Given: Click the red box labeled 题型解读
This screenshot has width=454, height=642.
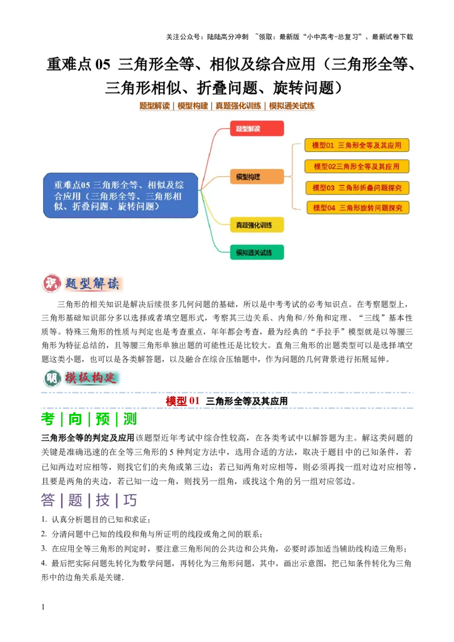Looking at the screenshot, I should coord(257,129).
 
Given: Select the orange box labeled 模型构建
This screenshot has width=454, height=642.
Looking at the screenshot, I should coord(257,177).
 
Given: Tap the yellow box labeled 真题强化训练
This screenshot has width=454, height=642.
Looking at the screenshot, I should coord(257,225).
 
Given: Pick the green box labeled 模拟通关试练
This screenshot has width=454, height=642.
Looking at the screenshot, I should coord(257,252).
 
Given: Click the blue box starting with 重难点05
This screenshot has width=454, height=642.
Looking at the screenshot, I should coord(121,196).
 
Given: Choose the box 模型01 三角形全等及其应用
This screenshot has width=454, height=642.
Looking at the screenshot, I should coord(357,145).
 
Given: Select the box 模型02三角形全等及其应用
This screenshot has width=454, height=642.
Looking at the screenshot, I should coord(357,167).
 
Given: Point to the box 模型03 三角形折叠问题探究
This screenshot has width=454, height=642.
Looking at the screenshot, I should coord(358,188).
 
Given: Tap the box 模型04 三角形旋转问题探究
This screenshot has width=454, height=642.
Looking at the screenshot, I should coord(358,208).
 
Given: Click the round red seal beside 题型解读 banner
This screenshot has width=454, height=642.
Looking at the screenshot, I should coord(51,284).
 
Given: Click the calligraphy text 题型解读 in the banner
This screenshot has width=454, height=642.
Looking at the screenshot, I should coord(92,284).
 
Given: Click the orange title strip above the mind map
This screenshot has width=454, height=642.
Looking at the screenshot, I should coord(227,106).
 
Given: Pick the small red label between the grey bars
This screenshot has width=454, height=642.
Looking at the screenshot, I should coord(182,401).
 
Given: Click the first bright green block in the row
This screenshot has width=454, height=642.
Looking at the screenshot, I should coord(48,420).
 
